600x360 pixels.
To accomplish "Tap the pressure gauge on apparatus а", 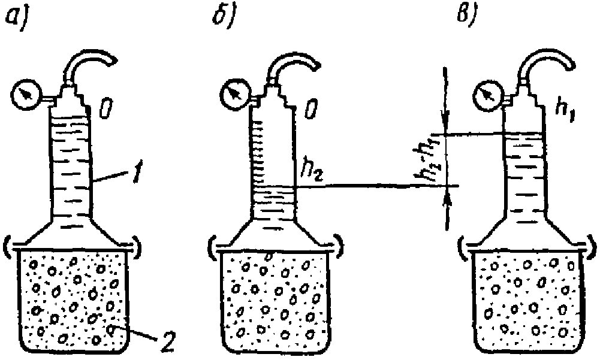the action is coord(25,93).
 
